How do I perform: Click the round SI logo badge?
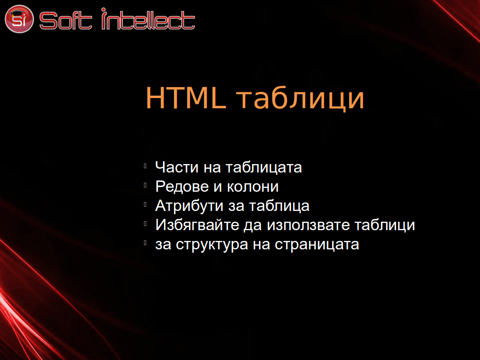click(x=19, y=19)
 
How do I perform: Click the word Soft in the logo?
click(x=66, y=21)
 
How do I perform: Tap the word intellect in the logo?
click(x=148, y=19)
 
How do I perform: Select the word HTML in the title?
click(x=186, y=98)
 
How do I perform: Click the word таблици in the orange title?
click(x=300, y=98)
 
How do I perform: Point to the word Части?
click(x=177, y=167)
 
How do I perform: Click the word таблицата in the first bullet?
click(x=264, y=168)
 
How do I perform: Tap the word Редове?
click(x=182, y=187)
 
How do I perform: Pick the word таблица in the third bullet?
click(x=279, y=206)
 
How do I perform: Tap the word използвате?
click(x=308, y=225)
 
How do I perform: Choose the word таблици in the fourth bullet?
click(x=385, y=225)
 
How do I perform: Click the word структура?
click(x=212, y=245)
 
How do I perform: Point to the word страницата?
click(x=317, y=245)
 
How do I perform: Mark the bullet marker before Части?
click(x=145, y=166)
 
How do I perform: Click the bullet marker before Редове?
click(x=145, y=185)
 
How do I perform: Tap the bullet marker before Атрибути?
click(x=145, y=204)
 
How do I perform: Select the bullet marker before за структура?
click(x=145, y=243)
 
